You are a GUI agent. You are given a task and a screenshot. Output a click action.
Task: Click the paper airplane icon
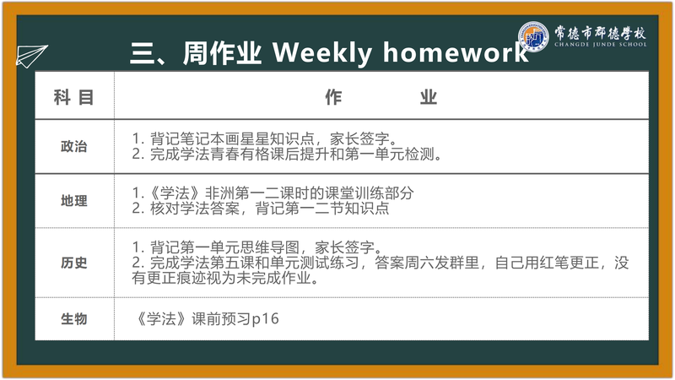click(x=31, y=56)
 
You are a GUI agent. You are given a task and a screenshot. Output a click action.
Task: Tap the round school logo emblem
click(x=533, y=36)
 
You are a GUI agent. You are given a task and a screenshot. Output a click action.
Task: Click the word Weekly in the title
click(x=322, y=53)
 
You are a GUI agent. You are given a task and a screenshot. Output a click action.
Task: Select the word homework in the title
click(x=456, y=52)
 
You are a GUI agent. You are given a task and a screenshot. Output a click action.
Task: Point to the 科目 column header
click(x=73, y=97)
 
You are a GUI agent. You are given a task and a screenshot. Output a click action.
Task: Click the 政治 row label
click(x=74, y=146)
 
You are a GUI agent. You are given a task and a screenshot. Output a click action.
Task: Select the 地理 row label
click(x=74, y=201)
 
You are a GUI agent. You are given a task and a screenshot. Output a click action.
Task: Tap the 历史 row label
click(x=74, y=263)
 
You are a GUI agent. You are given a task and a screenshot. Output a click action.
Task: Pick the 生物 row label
click(x=74, y=319)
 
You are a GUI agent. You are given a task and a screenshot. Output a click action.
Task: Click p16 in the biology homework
click(x=265, y=319)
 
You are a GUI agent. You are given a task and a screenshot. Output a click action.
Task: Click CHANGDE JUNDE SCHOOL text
click(x=601, y=45)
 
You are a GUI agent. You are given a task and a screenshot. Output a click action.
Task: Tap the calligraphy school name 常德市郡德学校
click(x=600, y=32)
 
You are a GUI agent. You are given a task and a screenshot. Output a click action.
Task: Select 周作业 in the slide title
click(x=222, y=53)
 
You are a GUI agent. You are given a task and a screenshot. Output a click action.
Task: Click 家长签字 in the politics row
click(x=359, y=138)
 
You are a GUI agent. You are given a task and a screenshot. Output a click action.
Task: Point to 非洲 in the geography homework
click(x=219, y=193)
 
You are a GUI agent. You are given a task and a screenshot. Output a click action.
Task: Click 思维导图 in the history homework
click(x=269, y=247)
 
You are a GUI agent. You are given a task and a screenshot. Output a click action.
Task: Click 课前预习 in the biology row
click(x=221, y=319)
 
